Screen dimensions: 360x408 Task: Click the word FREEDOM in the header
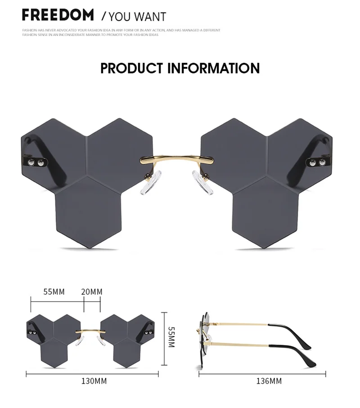point(58,14)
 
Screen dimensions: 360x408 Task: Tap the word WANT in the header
point(151,17)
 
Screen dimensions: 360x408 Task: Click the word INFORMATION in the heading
point(213,68)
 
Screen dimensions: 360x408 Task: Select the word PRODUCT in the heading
point(131,68)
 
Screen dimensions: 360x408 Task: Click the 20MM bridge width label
point(92,292)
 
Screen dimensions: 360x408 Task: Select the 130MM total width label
point(94,381)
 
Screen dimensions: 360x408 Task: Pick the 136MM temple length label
point(269,381)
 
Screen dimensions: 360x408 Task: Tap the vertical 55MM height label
point(171,337)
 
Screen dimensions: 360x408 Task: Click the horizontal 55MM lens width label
point(54,292)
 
